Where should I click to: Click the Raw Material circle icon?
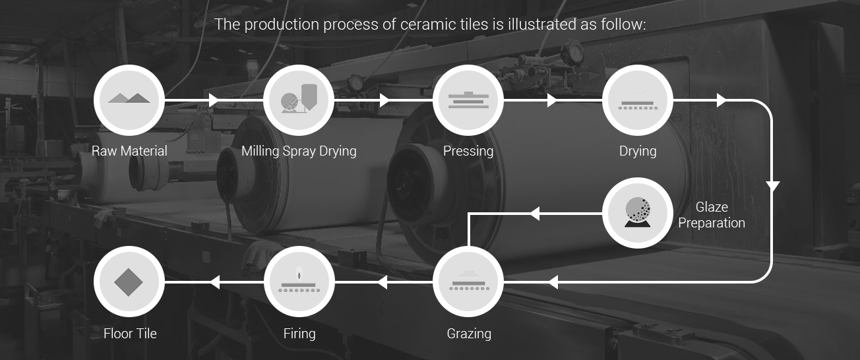[x=129, y=100]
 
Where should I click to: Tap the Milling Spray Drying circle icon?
[x=299, y=100]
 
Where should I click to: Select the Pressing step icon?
[x=468, y=100]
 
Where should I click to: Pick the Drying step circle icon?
[x=638, y=100]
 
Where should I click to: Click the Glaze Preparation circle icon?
[x=638, y=212]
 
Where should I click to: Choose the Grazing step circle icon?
[x=468, y=282]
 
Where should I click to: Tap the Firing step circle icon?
[x=299, y=282]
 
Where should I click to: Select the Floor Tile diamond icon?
[x=129, y=282]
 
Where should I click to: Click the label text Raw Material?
[x=129, y=151]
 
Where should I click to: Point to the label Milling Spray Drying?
[x=299, y=151]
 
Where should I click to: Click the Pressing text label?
[x=468, y=151]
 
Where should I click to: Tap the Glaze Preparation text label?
[x=712, y=215]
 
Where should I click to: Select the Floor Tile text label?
[x=130, y=334]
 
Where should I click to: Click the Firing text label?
[x=299, y=334]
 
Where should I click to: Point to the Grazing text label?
[x=469, y=334]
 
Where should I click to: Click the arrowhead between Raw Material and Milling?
[x=214, y=100]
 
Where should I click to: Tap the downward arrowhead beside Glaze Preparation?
[x=772, y=187]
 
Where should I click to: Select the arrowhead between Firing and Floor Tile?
[x=215, y=282]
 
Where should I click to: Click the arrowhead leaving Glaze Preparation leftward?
[x=535, y=214]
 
